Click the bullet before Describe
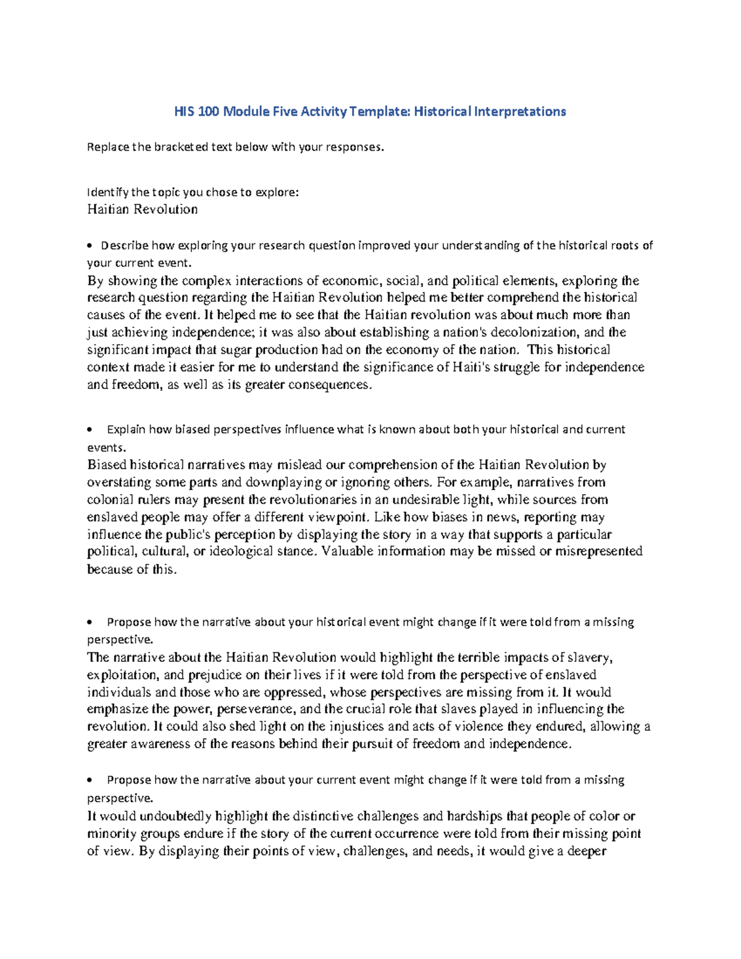click(x=90, y=246)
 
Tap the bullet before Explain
click(x=90, y=430)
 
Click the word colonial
click(x=107, y=500)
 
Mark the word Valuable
click(x=347, y=551)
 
